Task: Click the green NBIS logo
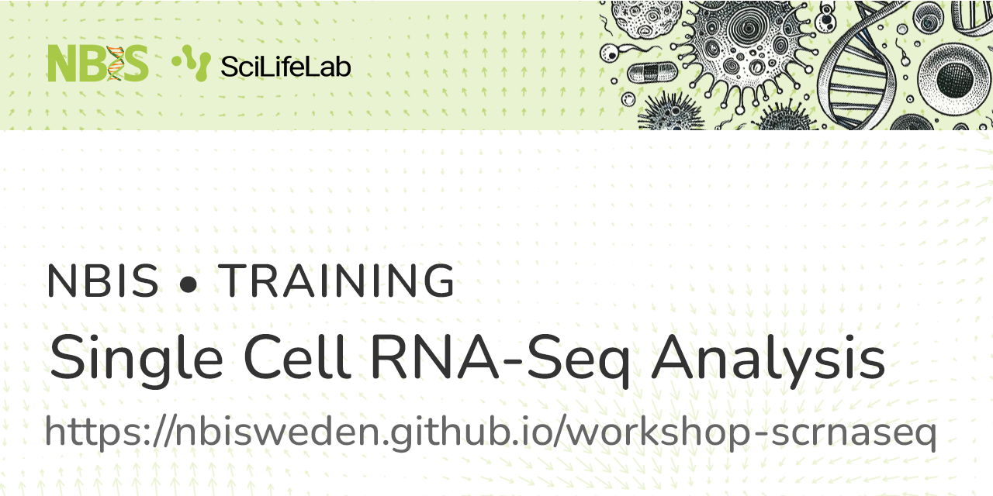(x=97, y=64)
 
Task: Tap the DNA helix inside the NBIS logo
(x=115, y=64)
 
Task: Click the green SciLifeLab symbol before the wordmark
(x=191, y=63)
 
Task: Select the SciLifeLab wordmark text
(x=285, y=67)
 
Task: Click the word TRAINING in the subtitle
(x=336, y=281)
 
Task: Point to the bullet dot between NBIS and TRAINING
(x=188, y=284)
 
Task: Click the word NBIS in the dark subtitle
(x=102, y=281)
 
